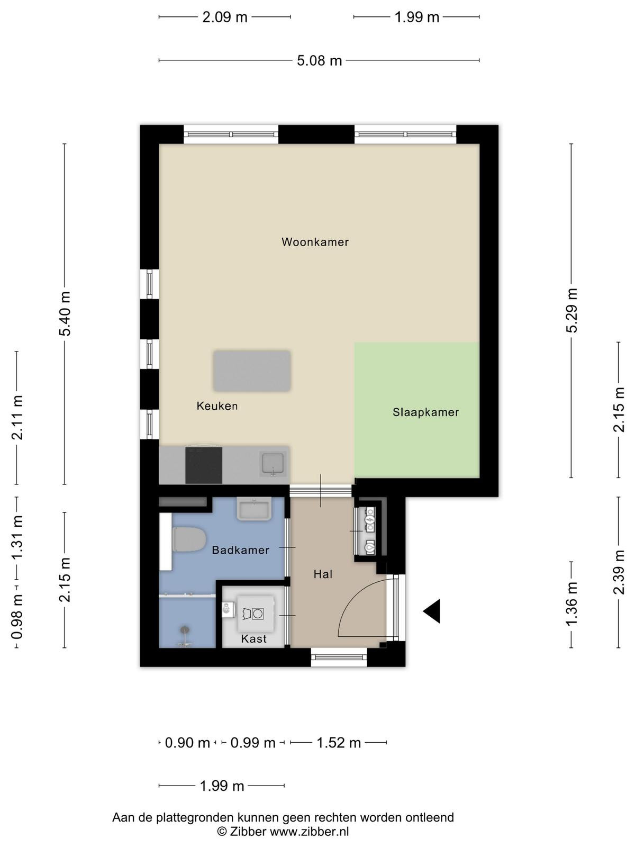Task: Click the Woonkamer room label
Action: click(315, 242)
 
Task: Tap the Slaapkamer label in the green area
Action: click(425, 412)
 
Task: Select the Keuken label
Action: click(217, 406)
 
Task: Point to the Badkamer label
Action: click(241, 550)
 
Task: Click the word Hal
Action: click(323, 574)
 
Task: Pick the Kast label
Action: click(253, 638)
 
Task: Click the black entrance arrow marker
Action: click(432, 611)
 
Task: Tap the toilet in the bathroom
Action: click(188, 539)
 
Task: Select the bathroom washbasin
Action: click(255, 509)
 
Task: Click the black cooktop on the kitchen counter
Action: click(204, 465)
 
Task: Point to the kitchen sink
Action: click(273, 463)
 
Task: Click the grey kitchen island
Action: click(252, 371)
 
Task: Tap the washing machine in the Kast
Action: click(255, 614)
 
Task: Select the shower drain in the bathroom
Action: click(185, 629)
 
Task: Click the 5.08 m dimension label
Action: click(319, 60)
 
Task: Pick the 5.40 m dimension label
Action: click(65, 314)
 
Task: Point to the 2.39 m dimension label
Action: click(619, 572)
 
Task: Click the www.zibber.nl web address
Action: click(309, 831)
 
